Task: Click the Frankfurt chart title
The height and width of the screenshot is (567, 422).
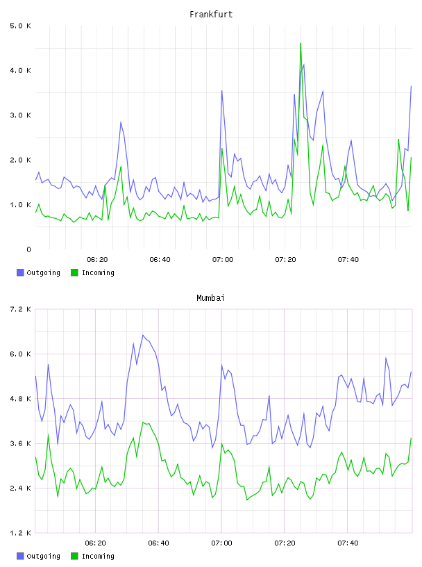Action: point(211,15)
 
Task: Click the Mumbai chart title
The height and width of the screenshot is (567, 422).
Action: point(210,298)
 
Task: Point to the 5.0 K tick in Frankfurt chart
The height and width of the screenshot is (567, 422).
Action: point(20,26)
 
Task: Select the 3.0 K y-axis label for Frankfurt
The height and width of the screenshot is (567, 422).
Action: point(20,115)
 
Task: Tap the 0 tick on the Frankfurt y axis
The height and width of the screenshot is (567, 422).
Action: point(28,249)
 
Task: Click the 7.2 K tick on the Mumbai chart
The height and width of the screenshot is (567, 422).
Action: point(20,309)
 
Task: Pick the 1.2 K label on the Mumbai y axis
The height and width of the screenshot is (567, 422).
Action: point(20,533)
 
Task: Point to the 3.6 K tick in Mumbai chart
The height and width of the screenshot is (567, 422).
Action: point(20,444)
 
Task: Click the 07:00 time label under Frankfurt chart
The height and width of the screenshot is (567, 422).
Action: point(223,260)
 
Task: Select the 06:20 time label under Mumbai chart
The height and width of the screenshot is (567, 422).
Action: point(95,543)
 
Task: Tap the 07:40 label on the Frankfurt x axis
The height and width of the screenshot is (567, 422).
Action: point(348,260)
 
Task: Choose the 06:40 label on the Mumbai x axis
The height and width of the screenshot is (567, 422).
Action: point(159,543)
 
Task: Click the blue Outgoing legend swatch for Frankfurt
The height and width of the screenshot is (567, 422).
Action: point(20,272)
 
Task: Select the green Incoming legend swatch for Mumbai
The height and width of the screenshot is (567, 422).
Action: point(74,556)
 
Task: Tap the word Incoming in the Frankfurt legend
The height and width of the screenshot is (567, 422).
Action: point(98,272)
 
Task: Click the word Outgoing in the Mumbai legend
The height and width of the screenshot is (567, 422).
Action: point(43,556)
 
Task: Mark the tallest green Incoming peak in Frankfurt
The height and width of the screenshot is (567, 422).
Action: point(301,44)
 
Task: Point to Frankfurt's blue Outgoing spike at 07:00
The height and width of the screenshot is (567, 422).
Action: point(222,91)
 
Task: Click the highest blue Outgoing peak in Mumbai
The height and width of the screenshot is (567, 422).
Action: point(143,335)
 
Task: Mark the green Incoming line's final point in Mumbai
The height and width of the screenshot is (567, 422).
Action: point(411,438)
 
